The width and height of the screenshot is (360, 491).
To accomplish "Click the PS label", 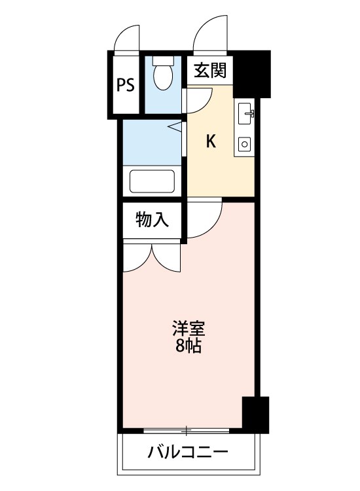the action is click(126, 84).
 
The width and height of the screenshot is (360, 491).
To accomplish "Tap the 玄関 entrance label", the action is click(210, 70).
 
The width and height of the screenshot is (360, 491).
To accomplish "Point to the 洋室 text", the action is click(189, 328).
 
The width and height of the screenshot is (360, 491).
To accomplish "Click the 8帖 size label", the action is click(188, 346).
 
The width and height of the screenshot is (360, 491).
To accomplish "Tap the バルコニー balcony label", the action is click(188, 452).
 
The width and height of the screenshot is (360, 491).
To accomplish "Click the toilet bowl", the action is click(163, 73).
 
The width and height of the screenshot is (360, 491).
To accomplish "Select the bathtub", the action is click(152, 181).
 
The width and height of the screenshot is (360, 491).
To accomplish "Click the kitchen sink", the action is click(246, 113).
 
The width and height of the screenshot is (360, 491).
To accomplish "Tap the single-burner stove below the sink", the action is click(245, 145).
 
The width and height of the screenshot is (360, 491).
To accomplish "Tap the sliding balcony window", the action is click(187, 431).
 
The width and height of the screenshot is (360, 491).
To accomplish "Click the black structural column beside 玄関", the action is click(252, 74).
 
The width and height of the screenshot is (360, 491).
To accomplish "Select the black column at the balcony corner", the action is click(256, 415).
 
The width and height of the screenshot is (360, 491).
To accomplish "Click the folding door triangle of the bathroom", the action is click(176, 127).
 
